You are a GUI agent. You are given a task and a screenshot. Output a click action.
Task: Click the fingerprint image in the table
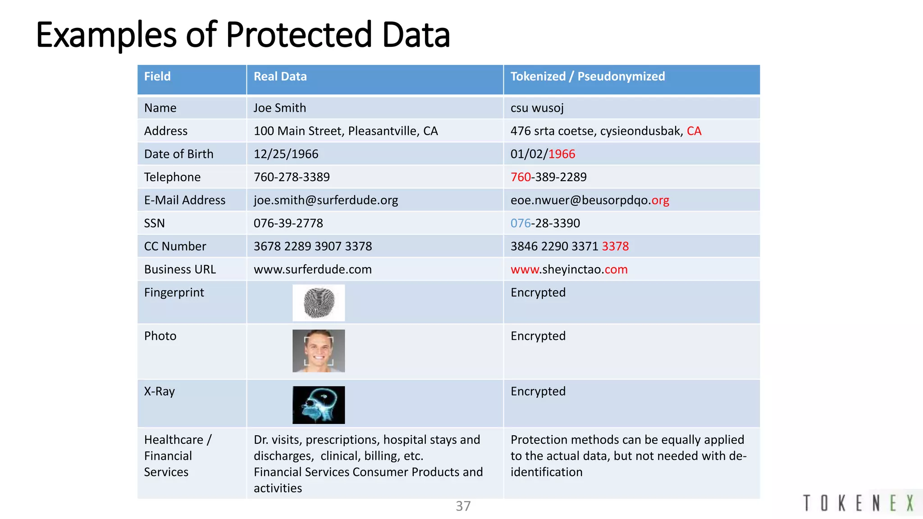pos(319,303)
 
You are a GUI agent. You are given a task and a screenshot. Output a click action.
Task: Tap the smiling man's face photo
pos(319,351)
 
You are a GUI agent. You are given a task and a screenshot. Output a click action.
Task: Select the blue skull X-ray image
pos(319,405)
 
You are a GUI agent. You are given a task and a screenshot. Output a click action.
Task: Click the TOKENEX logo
pos(859,503)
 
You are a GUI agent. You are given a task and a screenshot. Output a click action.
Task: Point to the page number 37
pos(463,506)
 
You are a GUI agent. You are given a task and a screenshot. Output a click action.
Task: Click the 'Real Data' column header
pos(280,77)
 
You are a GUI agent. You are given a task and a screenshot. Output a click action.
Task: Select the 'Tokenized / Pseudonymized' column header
pos(587,77)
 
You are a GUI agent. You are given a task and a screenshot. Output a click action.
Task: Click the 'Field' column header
pos(157,77)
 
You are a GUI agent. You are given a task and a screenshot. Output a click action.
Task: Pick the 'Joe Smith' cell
pos(279,108)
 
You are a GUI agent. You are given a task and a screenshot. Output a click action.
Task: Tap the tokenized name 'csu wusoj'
pos(537,108)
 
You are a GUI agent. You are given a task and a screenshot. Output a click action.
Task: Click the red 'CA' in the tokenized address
pos(694,131)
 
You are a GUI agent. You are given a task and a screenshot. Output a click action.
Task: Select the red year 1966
pos(562,154)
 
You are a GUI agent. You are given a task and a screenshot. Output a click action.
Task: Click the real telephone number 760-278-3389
pos(292,177)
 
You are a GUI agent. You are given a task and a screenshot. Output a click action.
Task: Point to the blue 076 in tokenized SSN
pos(521,223)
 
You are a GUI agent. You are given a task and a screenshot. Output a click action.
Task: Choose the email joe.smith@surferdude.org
pos(325,200)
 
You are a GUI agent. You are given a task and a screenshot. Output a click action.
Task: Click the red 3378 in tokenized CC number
pos(615,246)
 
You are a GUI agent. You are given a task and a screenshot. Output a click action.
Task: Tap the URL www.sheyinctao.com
pos(569,269)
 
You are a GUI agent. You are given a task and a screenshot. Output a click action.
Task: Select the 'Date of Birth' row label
pos(178,154)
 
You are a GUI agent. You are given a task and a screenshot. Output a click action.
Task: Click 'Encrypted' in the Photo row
pos(538,336)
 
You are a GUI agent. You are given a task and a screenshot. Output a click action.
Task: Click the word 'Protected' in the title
pos(298,35)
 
